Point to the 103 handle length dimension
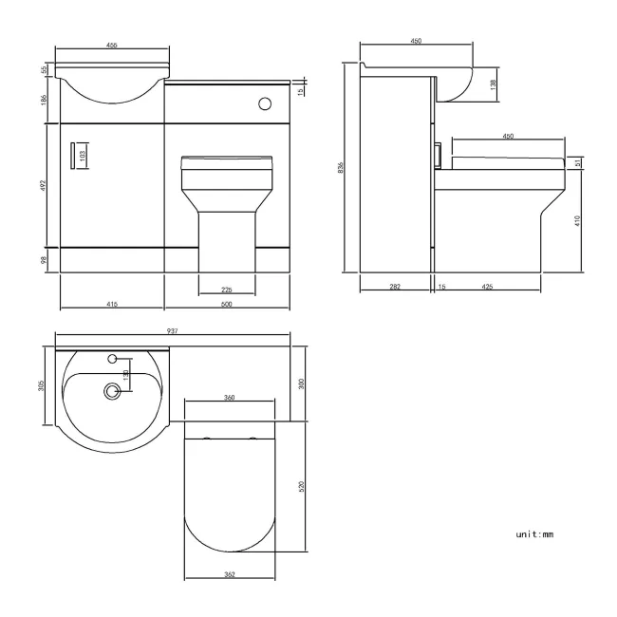coord(83,154)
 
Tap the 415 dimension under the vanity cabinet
coord(112,305)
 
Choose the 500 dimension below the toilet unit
coord(226,305)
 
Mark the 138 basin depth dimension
coord(492,84)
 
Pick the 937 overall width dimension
coord(173,330)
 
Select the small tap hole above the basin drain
coord(113,359)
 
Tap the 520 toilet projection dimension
coord(303,485)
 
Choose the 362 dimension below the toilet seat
coord(229,573)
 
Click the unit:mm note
coord(534,534)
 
